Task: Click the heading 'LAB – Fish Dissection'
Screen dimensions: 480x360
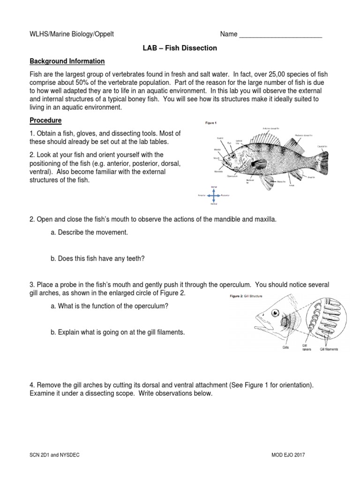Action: click(x=180, y=48)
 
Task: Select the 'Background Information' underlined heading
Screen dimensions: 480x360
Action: click(x=67, y=61)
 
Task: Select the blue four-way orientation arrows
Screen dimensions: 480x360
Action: click(x=213, y=195)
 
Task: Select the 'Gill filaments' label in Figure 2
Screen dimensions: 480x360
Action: click(x=329, y=349)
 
